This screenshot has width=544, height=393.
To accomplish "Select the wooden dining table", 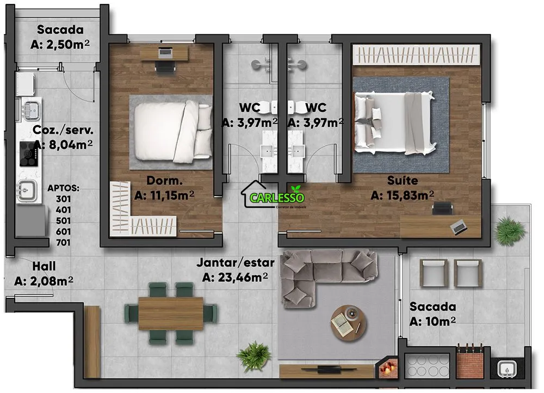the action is click(171, 314).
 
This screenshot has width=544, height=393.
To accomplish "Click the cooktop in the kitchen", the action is click(28, 153).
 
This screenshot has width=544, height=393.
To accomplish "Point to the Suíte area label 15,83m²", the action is click(402, 195).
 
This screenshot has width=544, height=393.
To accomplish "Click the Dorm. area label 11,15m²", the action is click(164, 195).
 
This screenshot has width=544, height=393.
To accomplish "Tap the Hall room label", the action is click(44, 266).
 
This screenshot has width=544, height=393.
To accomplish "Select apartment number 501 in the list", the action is click(63, 221).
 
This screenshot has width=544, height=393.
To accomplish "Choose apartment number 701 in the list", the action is click(63, 242).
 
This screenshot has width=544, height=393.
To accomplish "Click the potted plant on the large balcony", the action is click(510, 230).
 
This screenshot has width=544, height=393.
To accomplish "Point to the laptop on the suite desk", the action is click(459, 227).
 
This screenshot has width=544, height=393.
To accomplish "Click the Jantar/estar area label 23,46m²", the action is click(235, 278).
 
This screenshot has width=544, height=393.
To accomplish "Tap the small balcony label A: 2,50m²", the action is click(60, 45).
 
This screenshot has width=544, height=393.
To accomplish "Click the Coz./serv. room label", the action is click(63, 130).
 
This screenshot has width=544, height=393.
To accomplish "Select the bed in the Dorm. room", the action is click(173, 132).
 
